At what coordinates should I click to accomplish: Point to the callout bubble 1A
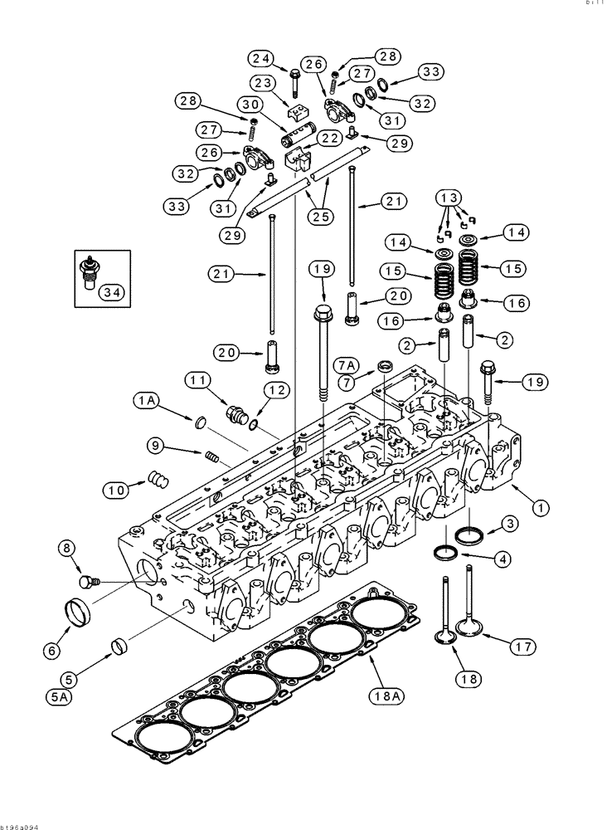pos(147,400)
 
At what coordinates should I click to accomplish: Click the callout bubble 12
pos(275,390)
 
